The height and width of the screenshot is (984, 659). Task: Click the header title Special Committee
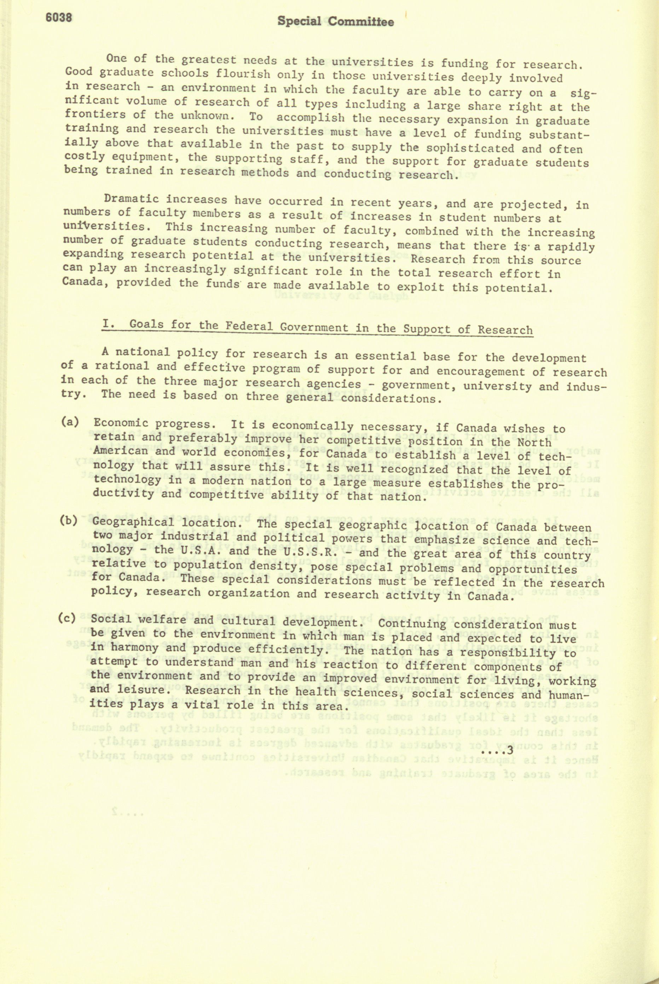[x=335, y=22]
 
